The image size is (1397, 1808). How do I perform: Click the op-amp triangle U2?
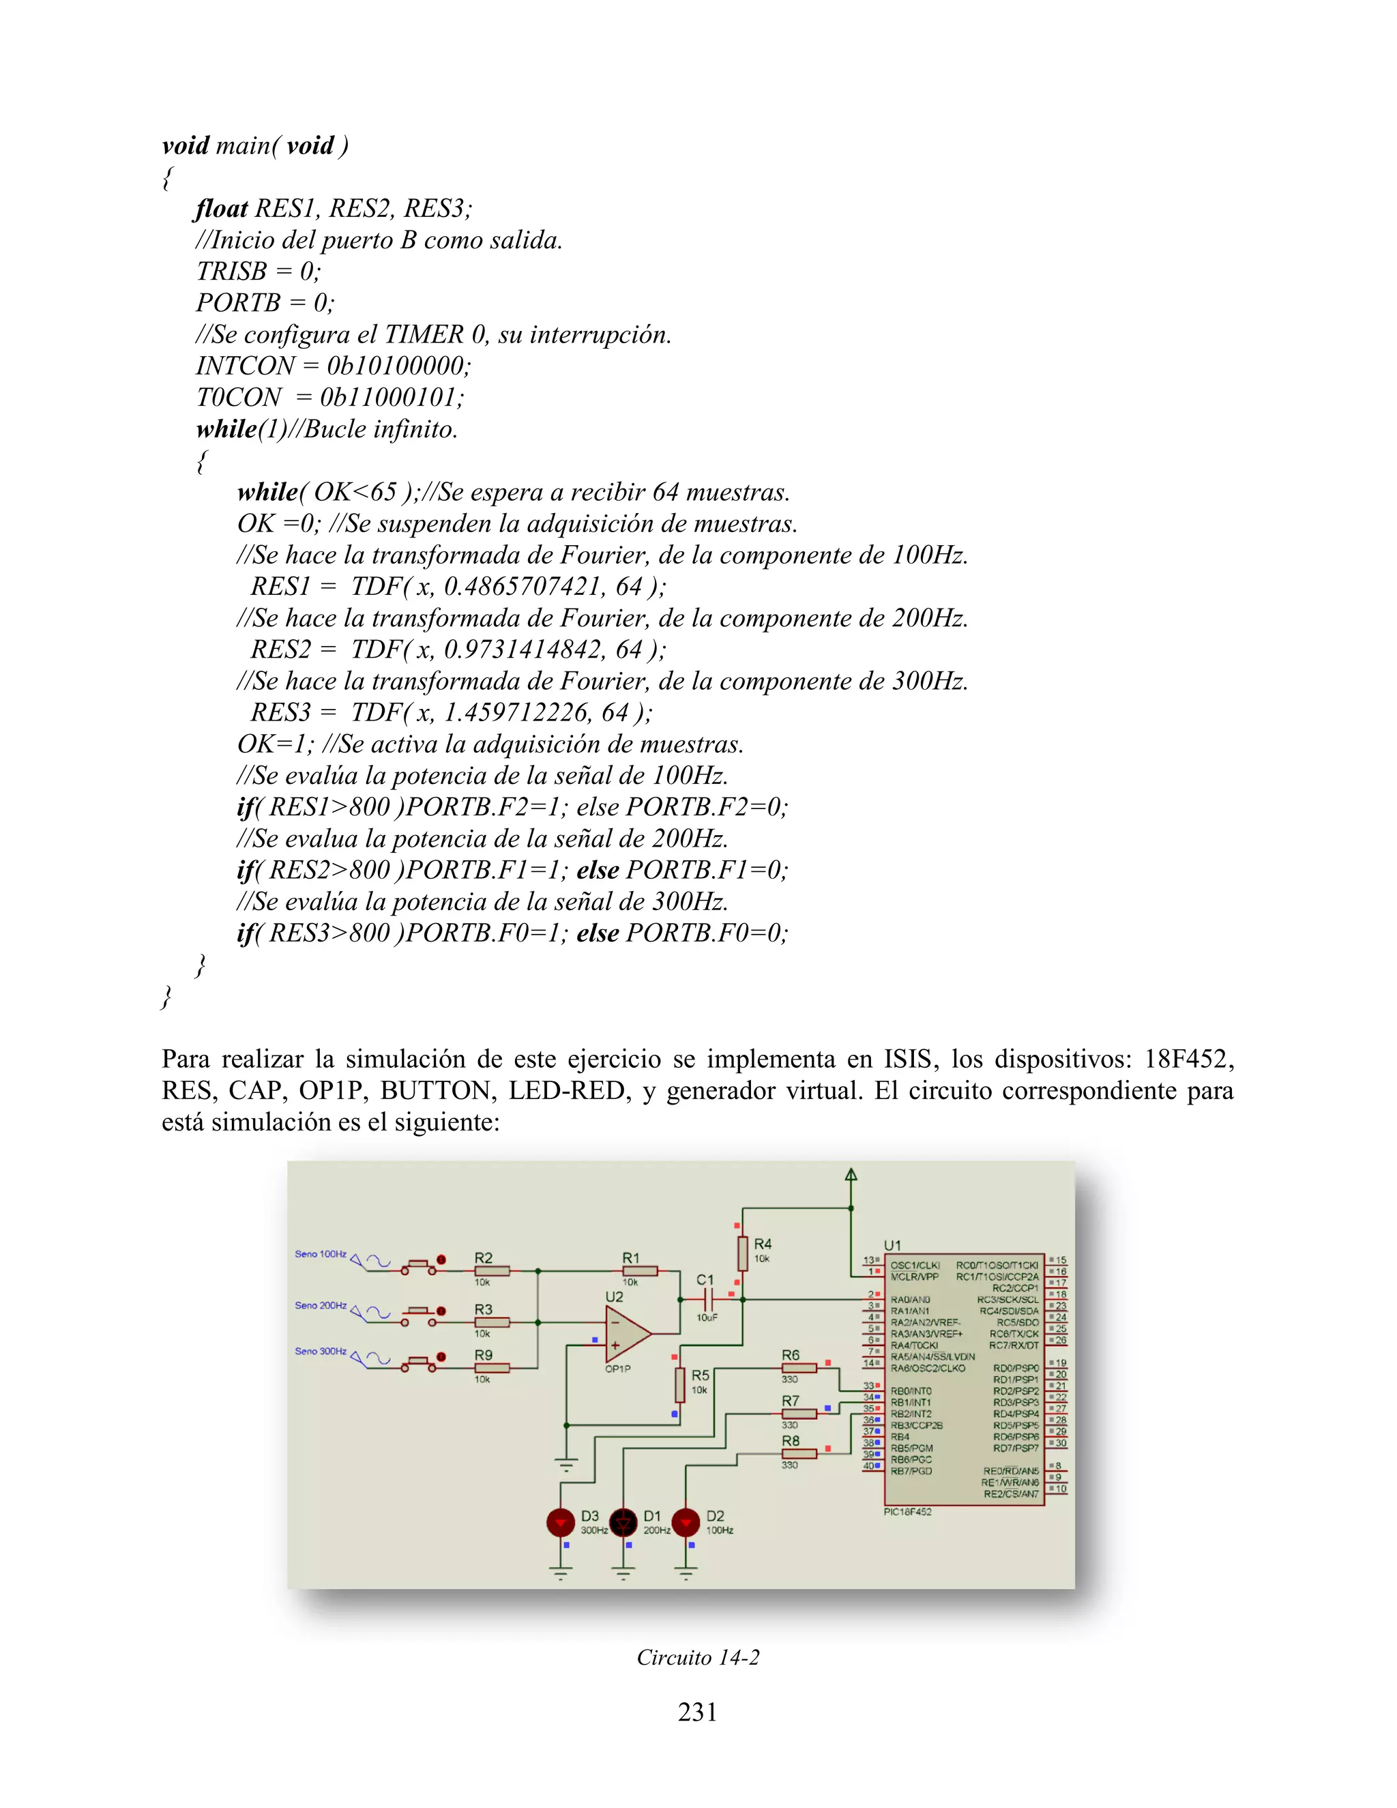click(x=626, y=1333)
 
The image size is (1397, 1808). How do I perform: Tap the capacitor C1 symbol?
click(x=705, y=1300)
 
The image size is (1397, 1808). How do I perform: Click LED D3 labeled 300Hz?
click(x=560, y=1521)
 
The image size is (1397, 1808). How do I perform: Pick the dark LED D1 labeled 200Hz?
click(x=623, y=1521)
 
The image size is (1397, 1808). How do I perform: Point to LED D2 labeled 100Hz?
click(x=686, y=1521)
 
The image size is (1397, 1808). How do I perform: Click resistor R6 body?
click(x=799, y=1367)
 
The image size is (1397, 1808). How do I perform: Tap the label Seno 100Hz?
click(x=321, y=1254)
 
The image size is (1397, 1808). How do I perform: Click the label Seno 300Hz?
click(x=321, y=1351)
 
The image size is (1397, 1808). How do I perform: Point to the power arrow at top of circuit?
click(x=851, y=1174)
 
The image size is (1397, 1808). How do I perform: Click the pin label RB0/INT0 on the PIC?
click(x=911, y=1390)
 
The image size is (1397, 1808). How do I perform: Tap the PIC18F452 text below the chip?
click(x=908, y=1512)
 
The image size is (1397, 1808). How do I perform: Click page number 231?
click(x=698, y=1712)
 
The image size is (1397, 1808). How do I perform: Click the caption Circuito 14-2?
click(x=698, y=1657)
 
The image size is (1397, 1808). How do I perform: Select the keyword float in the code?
click(x=221, y=208)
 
